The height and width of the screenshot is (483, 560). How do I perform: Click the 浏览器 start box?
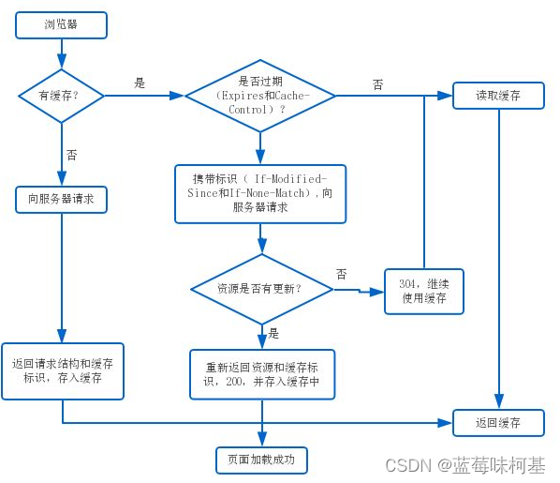pos(62,25)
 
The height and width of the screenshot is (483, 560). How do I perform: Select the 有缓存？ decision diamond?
pos(62,95)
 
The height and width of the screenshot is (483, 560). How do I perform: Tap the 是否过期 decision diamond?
pos(261,96)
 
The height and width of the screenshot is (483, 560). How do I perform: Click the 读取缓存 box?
pos(498,95)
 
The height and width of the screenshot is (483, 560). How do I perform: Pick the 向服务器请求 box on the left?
pos(62,199)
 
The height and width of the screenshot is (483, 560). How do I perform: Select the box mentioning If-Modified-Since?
pos(260,194)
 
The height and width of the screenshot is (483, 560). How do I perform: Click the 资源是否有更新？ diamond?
pos(260,288)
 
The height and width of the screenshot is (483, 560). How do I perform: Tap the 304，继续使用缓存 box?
pos(424,291)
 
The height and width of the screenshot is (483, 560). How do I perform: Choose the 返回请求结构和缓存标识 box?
pos(63,370)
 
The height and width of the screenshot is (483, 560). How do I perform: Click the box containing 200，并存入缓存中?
pos(261,373)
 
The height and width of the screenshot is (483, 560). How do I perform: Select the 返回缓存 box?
pos(498,422)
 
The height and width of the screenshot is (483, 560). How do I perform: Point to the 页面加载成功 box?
pos(260,460)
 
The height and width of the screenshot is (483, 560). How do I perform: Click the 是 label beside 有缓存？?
pos(140,83)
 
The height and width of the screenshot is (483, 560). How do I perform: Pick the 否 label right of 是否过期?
pos(378,84)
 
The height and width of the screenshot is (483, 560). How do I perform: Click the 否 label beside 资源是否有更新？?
pos(342,275)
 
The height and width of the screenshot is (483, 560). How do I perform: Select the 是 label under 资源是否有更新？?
pos(273,333)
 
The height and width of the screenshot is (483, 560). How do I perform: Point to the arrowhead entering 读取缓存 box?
pos(448,95)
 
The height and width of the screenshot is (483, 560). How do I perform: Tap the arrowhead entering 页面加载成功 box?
pos(261,441)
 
